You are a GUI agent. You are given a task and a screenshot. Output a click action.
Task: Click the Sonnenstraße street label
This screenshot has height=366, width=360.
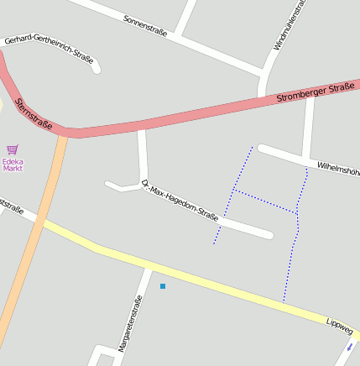(x=145, y=26)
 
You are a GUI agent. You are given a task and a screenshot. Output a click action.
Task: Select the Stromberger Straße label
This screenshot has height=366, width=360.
(x=316, y=93)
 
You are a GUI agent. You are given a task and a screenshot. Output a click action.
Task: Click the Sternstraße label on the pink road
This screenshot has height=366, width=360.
(x=33, y=115)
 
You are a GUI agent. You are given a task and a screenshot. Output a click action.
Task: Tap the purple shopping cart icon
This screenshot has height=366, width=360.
(x=13, y=149)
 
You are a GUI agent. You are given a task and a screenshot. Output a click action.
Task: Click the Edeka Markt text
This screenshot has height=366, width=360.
(x=13, y=165)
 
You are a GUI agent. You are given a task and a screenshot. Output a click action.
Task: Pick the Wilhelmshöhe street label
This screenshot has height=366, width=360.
(x=338, y=167)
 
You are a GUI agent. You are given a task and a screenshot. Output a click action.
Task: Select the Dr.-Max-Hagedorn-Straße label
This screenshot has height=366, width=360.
(x=180, y=201)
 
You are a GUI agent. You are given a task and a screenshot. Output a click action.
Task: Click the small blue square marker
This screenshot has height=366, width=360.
(x=163, y=286)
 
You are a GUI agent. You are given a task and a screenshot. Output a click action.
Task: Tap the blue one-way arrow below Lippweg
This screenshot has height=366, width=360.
(x=350, y=346)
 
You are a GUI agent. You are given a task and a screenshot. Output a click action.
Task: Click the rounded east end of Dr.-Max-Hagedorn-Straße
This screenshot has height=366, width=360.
(x=269, y=233)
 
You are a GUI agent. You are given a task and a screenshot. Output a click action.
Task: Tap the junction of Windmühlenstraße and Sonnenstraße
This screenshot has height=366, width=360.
(x=263, y=73)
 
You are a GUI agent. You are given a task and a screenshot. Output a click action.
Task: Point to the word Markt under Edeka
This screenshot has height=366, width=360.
(x=13, y=169)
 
